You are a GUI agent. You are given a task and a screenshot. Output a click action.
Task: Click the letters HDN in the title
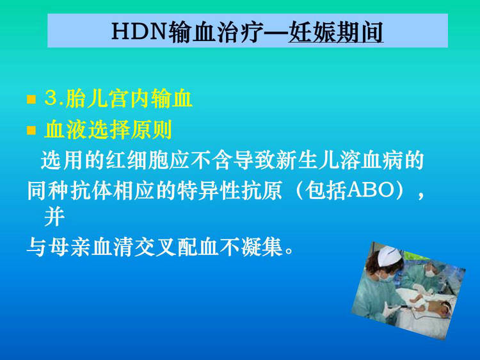139,31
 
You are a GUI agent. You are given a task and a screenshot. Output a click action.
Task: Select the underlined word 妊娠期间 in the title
335,32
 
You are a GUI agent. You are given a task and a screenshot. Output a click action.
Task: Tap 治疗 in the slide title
241,32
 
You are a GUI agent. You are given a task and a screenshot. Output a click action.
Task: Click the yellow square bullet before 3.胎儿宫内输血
31,99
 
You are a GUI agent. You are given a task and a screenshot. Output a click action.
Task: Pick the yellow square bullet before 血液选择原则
31,130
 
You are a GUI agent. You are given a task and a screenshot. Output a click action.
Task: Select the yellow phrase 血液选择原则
108,130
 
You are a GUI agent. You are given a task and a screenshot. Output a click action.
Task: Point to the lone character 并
54,217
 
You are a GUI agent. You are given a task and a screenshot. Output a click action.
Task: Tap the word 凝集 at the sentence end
262,247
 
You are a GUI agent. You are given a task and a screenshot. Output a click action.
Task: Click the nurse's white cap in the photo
388,256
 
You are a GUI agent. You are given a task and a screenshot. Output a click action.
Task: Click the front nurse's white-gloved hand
390,309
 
